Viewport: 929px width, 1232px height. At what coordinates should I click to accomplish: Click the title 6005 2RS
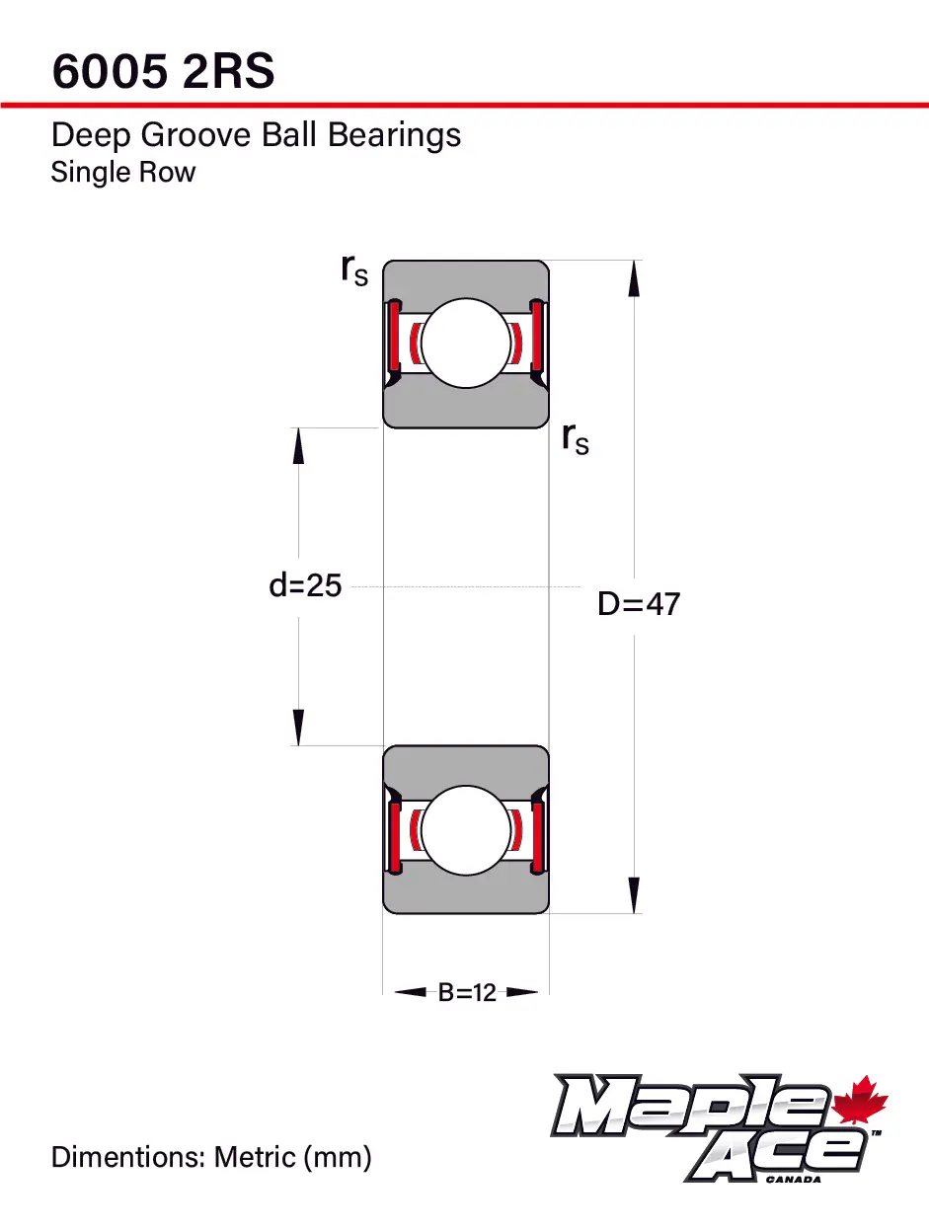coord(163,71)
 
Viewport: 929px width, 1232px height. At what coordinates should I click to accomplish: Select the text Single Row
coord(123,172)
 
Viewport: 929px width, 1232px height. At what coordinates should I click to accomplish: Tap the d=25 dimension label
coord(305,585)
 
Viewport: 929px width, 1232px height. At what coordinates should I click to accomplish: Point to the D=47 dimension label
coord(639,604)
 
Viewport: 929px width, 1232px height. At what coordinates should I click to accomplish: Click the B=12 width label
coord(467,993)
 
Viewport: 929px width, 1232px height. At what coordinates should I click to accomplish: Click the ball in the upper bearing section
coord(466,343)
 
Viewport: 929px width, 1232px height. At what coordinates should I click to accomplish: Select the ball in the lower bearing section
coord(466,829)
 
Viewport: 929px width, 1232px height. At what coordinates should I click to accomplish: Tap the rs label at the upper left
coord(354,269)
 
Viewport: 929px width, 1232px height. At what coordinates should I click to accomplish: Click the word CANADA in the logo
coord(793,1179)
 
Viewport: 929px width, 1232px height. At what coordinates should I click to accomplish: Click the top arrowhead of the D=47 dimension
coord(634,279)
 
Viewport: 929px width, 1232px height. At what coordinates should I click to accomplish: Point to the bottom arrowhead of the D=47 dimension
coord(634,894)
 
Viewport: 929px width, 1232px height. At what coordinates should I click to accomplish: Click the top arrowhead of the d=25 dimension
coord(298,446)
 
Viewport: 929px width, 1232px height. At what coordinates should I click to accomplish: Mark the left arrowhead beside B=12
coord(411,992)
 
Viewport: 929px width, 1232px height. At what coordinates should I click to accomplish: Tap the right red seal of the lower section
coord(537,837)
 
